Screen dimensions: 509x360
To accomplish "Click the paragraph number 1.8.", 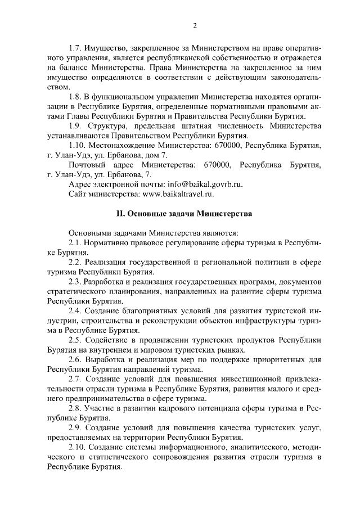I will pos(75,96).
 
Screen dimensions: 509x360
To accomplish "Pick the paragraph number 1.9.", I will pos(75,125).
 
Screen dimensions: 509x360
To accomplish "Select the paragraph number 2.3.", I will pos(75,281).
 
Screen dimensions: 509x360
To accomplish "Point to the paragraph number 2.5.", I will pos(75,340).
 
